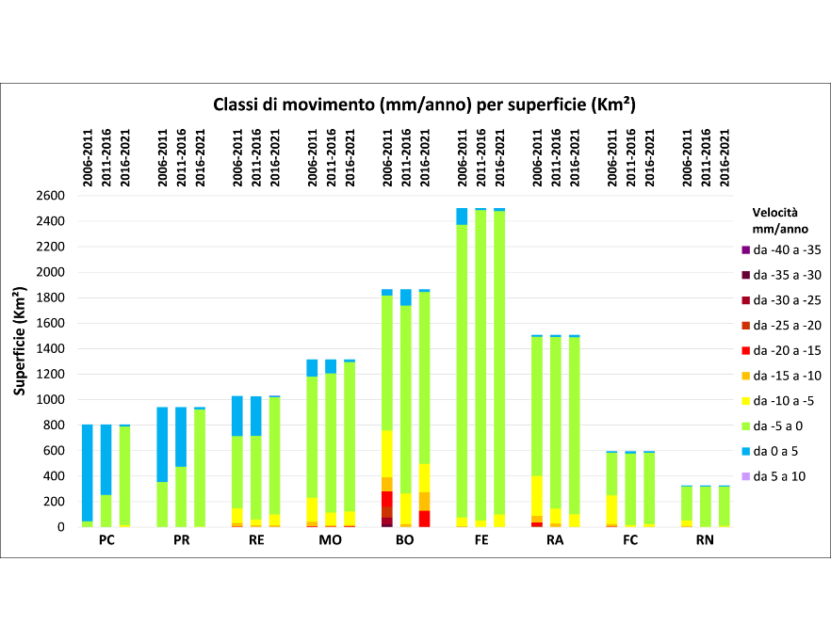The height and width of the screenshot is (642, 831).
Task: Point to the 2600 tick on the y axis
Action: (51, 196)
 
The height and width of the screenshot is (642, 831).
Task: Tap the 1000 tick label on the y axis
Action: (51, 399)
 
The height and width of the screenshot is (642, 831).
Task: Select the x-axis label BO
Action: (405, 541)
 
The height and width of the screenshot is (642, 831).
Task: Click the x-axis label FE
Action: (481, 541)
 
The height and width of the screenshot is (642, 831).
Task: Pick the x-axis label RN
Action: (706, 541)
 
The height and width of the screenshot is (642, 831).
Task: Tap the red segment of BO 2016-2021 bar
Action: (424, 519)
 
